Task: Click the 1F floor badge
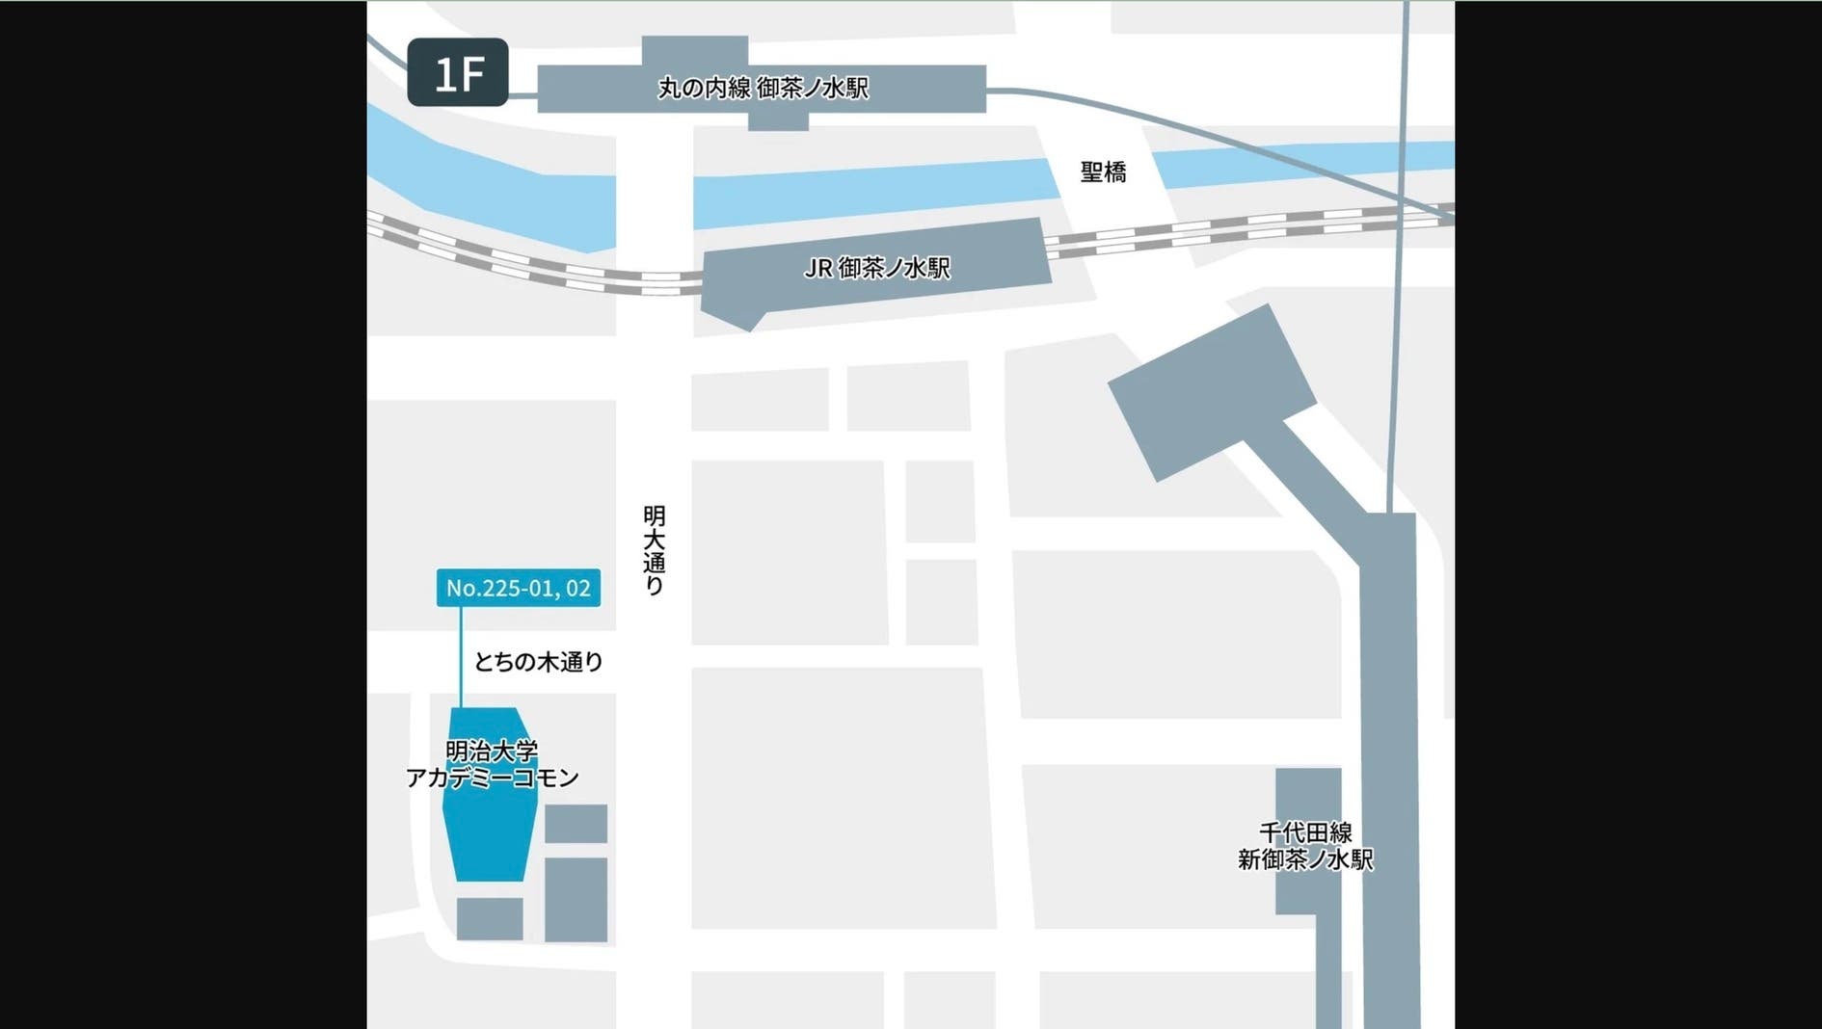(x=458, y=72)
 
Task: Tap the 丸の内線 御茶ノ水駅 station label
(x=763, y=89)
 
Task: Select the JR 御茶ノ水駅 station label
(x=876, y=268)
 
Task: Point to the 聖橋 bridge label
(x=1103, y=172)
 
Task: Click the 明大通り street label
(x=654, y=549)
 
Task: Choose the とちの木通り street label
(x=538, y=662)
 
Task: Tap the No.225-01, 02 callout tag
(x=518, y=588)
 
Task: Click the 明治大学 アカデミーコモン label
(x=492, y=764)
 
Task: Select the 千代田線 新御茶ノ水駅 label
(x=1305, y=846)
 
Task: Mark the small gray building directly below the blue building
(x=490, y=918)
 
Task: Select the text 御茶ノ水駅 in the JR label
(x=894, y=268)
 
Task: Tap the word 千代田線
(x=1305, y=832)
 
